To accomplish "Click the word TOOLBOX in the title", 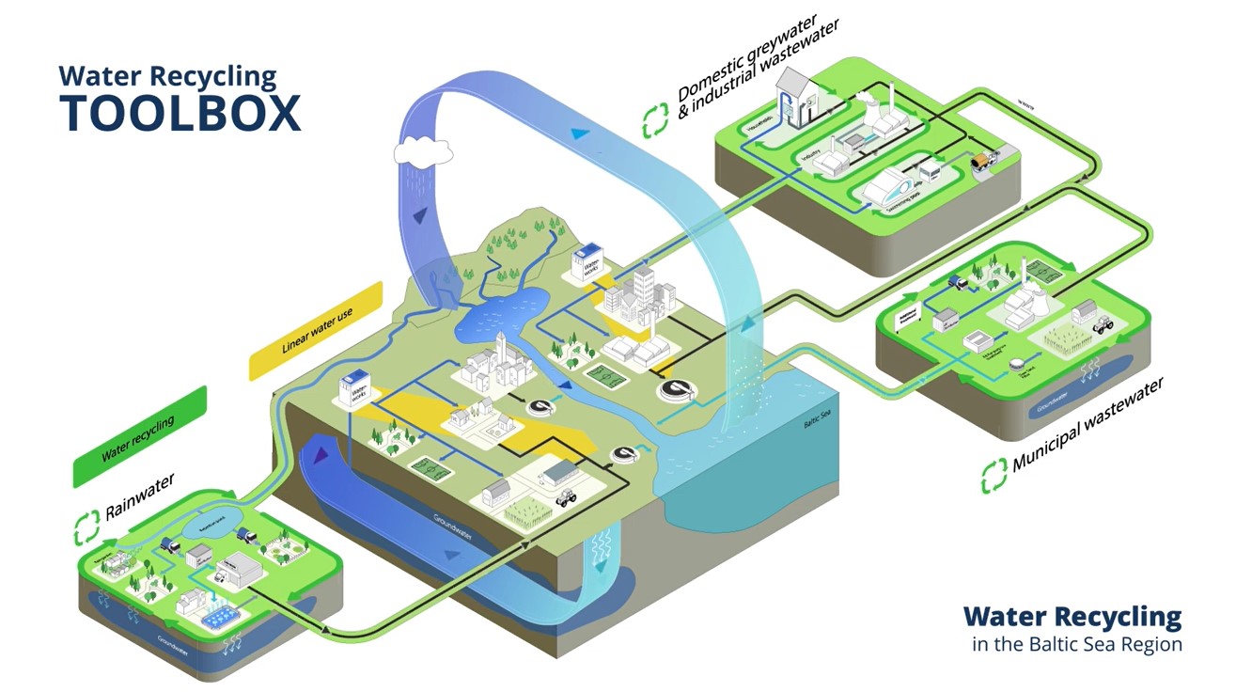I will (180, 113).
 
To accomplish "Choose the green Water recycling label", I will (138, 437).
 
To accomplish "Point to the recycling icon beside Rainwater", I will (86, 527).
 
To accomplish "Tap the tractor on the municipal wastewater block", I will (1103, 322).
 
